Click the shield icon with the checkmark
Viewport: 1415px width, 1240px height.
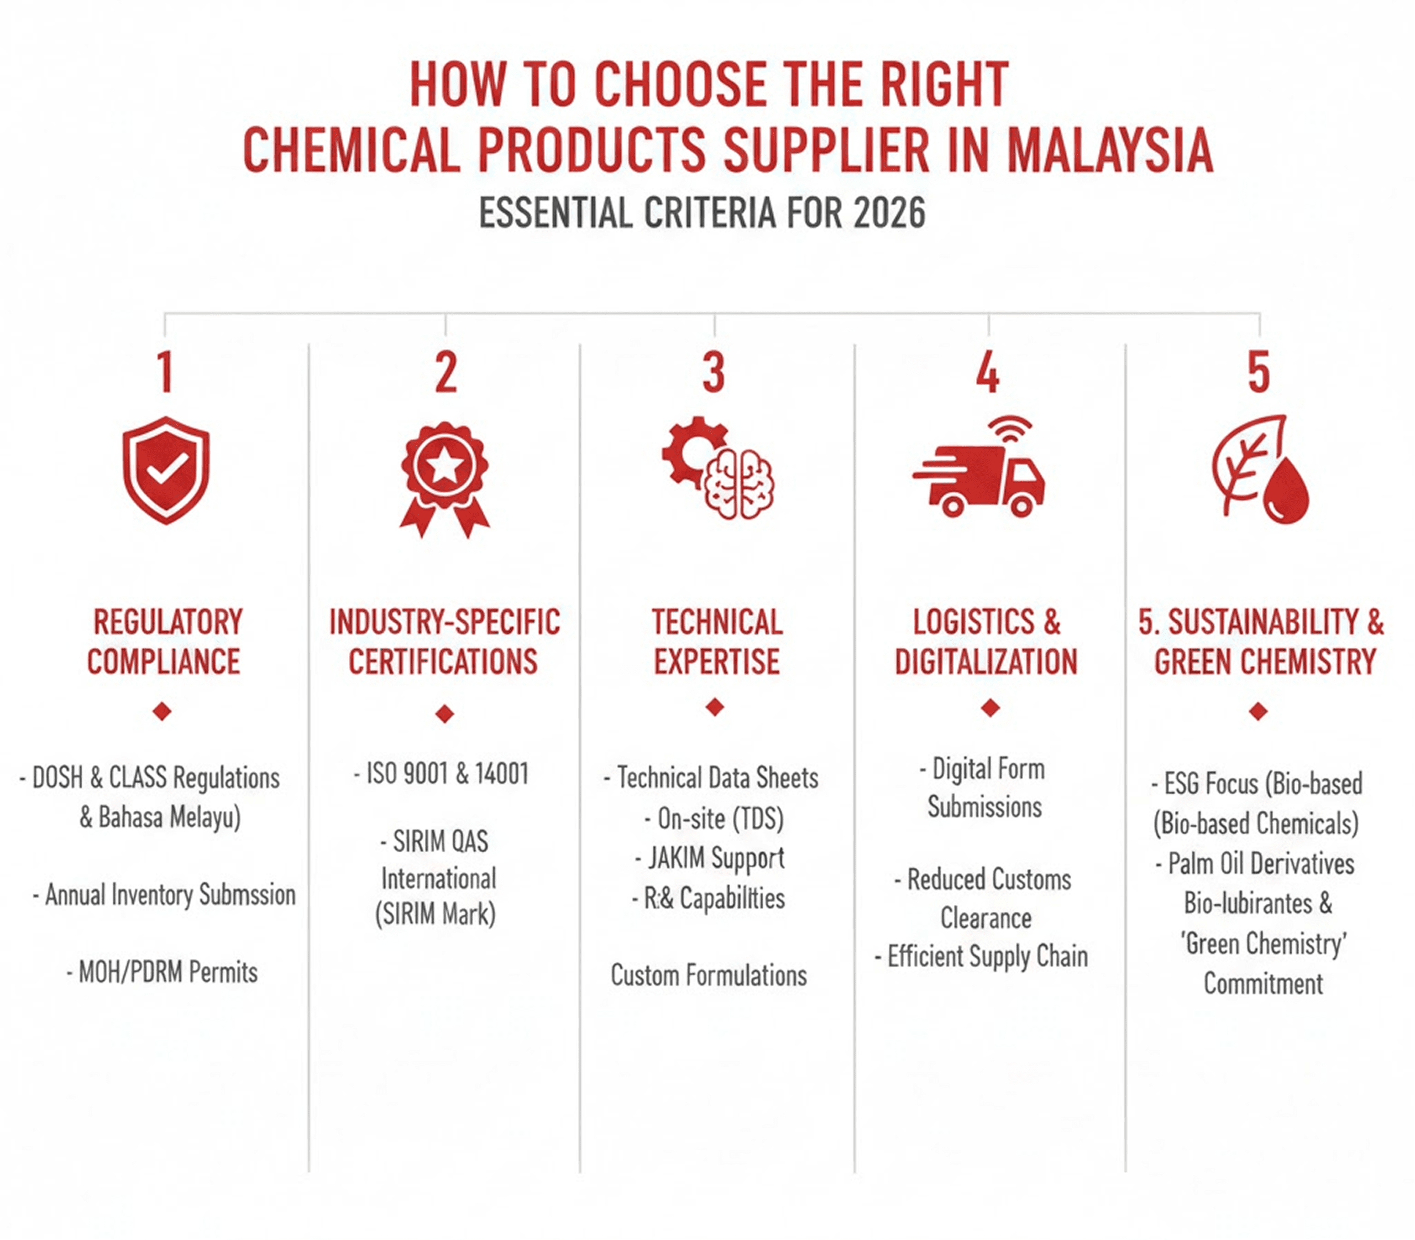(x=166, y=470)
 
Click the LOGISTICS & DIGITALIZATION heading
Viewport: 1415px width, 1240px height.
(x=986, y=642)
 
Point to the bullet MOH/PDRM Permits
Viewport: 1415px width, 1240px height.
(x=163, y=972)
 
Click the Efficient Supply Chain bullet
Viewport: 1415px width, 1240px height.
(x=982, y=956)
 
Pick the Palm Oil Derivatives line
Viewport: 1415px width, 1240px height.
(x=1255, y=863)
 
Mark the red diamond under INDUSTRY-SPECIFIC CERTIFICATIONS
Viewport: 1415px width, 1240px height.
(x=445, y=713)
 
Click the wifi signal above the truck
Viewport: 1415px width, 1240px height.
(x=1010, y=429)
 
